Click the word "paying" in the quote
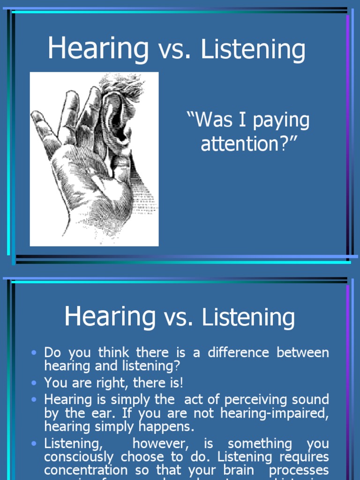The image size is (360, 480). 281,121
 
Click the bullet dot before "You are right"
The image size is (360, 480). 33,383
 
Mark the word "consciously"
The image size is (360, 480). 80,457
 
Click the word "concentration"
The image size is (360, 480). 86,470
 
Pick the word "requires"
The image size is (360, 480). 303,457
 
